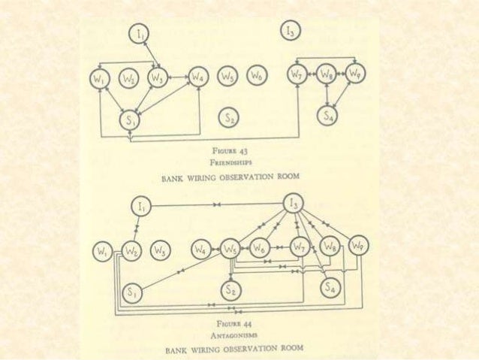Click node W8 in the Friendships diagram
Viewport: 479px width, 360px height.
click(x=326, y=74)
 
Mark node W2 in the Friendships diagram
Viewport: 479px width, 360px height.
click(x=128, y=77)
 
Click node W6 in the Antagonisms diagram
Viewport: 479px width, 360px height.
click(x=260, y=247)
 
